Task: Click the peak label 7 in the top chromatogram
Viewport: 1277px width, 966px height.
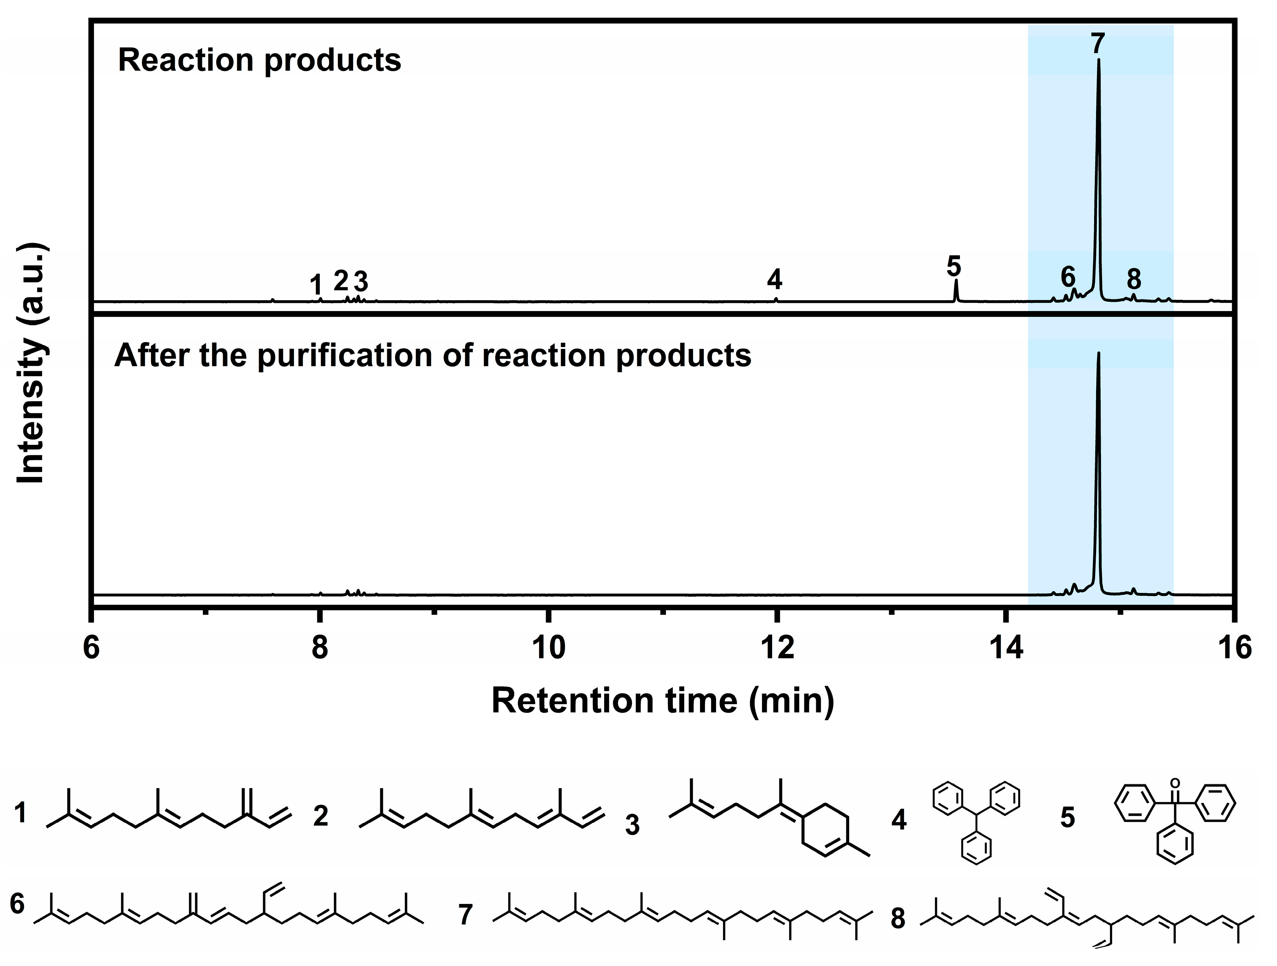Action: tap(1098, 43)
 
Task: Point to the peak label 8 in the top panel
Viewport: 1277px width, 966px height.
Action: tap(1134, 280)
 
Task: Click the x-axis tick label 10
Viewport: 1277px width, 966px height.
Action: tap(549, 648)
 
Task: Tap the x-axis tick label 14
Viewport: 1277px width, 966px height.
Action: tap(1006, 648)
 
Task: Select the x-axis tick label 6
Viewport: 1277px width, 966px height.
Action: tap(91, 648)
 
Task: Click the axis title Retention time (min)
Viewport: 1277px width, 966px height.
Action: tap(663, 701)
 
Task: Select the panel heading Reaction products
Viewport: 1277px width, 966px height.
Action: tap(259, 60)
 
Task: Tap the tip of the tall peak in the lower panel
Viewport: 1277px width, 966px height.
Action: tap(1098, 353)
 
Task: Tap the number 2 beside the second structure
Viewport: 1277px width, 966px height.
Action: tap(321, 816)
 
